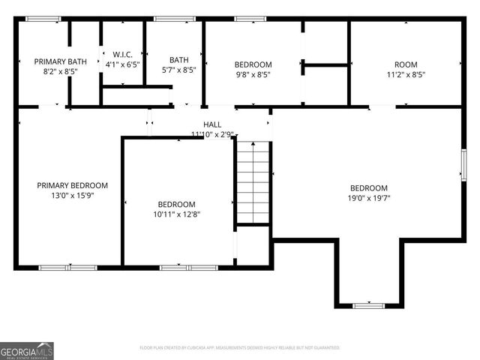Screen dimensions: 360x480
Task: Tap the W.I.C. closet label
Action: [123, 55]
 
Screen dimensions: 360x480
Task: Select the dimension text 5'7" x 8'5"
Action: [179, 70]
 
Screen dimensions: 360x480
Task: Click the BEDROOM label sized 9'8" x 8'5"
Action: [253, 64]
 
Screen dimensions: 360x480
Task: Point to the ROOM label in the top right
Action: [406, 64]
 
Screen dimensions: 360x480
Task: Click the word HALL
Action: [212, 124]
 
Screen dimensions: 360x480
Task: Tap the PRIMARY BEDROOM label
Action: [73, 185]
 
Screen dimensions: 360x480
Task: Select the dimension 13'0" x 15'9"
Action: [73, 195]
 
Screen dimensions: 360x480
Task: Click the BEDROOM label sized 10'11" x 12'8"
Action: [176, 204]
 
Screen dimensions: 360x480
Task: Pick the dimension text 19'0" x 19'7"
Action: [369, 198]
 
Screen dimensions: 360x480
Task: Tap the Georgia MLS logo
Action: [27, 350]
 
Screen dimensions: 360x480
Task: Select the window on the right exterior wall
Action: [463, 165]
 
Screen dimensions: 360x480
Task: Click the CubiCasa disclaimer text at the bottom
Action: [240, 348]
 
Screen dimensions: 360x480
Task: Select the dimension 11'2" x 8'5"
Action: [406, 75]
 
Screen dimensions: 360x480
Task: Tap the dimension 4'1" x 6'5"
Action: [123, 64]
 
